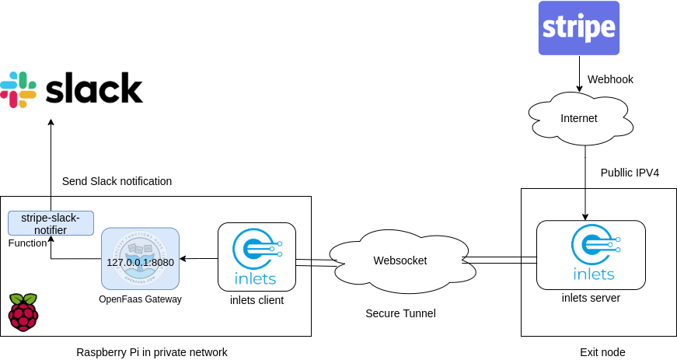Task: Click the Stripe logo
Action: coord(579,28)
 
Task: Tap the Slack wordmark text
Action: coord(94,89)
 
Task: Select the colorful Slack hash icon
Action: coord(19,89)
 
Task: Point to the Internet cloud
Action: coord(579,118)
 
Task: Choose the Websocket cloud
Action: coord(400,260)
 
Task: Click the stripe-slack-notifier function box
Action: coord(50,223)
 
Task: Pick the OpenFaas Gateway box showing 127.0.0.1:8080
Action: coord(140,258)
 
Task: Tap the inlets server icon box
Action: coord(591,253)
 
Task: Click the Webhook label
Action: coord(610,79)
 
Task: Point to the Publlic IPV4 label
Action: coord(630,173)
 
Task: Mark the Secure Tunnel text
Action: coord(400,313)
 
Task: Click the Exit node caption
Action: coord(602,352)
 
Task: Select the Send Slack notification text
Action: coord(117,181)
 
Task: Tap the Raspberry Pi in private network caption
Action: coord(152,352)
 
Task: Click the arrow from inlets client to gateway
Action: coord(198,258)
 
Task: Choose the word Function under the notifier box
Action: coord(28,243)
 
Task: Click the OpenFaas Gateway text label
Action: coord(140,299)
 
